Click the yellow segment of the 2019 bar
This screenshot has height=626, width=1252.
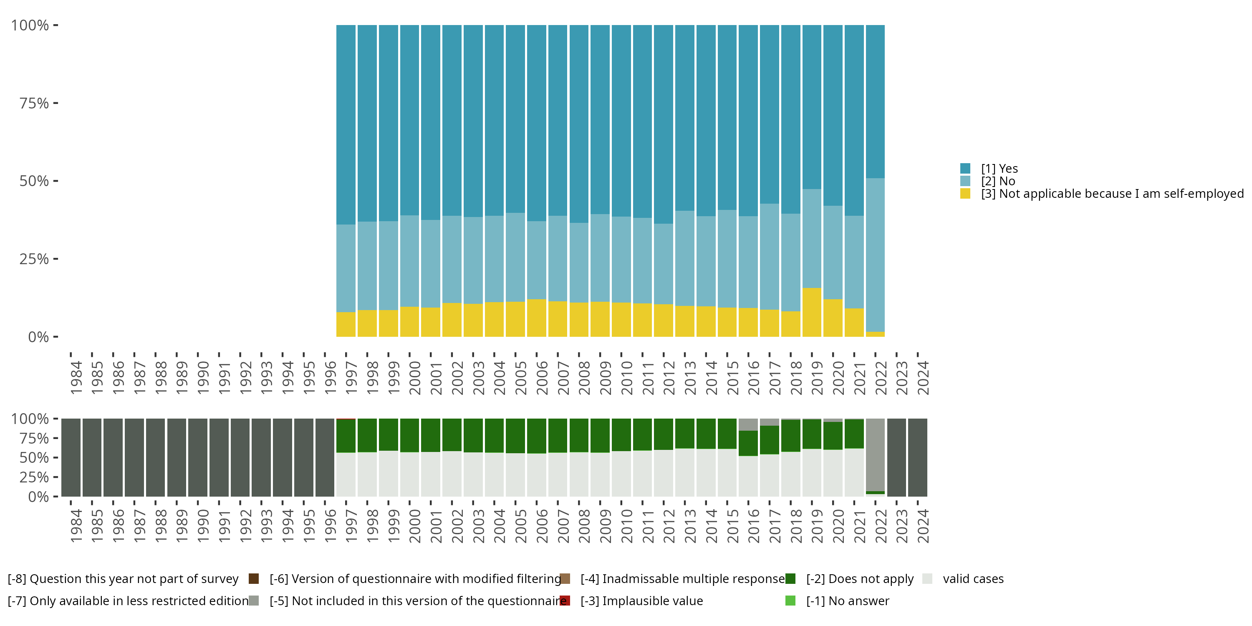pos(812,312)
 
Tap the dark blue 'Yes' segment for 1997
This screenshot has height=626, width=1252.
pos(346,124)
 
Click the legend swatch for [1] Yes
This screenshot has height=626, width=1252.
pos(965,169)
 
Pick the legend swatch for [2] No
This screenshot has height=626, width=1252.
pos(965,181)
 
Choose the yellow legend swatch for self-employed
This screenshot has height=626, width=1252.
pos(965,194)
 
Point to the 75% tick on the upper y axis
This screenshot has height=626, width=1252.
pos(56,103)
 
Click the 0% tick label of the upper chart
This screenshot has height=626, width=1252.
pos(38,337)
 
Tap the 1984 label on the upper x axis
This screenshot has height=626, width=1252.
pos(76,378)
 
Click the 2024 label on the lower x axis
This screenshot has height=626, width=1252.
pos(922,526)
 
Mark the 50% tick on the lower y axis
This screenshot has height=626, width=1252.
pos(56,457)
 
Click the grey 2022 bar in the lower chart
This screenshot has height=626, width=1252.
pos(875,454)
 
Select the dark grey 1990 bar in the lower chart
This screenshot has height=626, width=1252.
pos(198,457)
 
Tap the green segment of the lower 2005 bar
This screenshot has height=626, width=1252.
pos(515,436)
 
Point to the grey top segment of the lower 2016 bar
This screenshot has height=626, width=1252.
pos(748,424)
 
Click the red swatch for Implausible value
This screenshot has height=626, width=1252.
pos(565,601)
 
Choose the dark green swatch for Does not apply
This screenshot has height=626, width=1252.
pos(790,578)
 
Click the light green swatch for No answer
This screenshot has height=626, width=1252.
pos(790,601)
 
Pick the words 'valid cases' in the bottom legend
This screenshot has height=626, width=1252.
pos(973,578)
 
